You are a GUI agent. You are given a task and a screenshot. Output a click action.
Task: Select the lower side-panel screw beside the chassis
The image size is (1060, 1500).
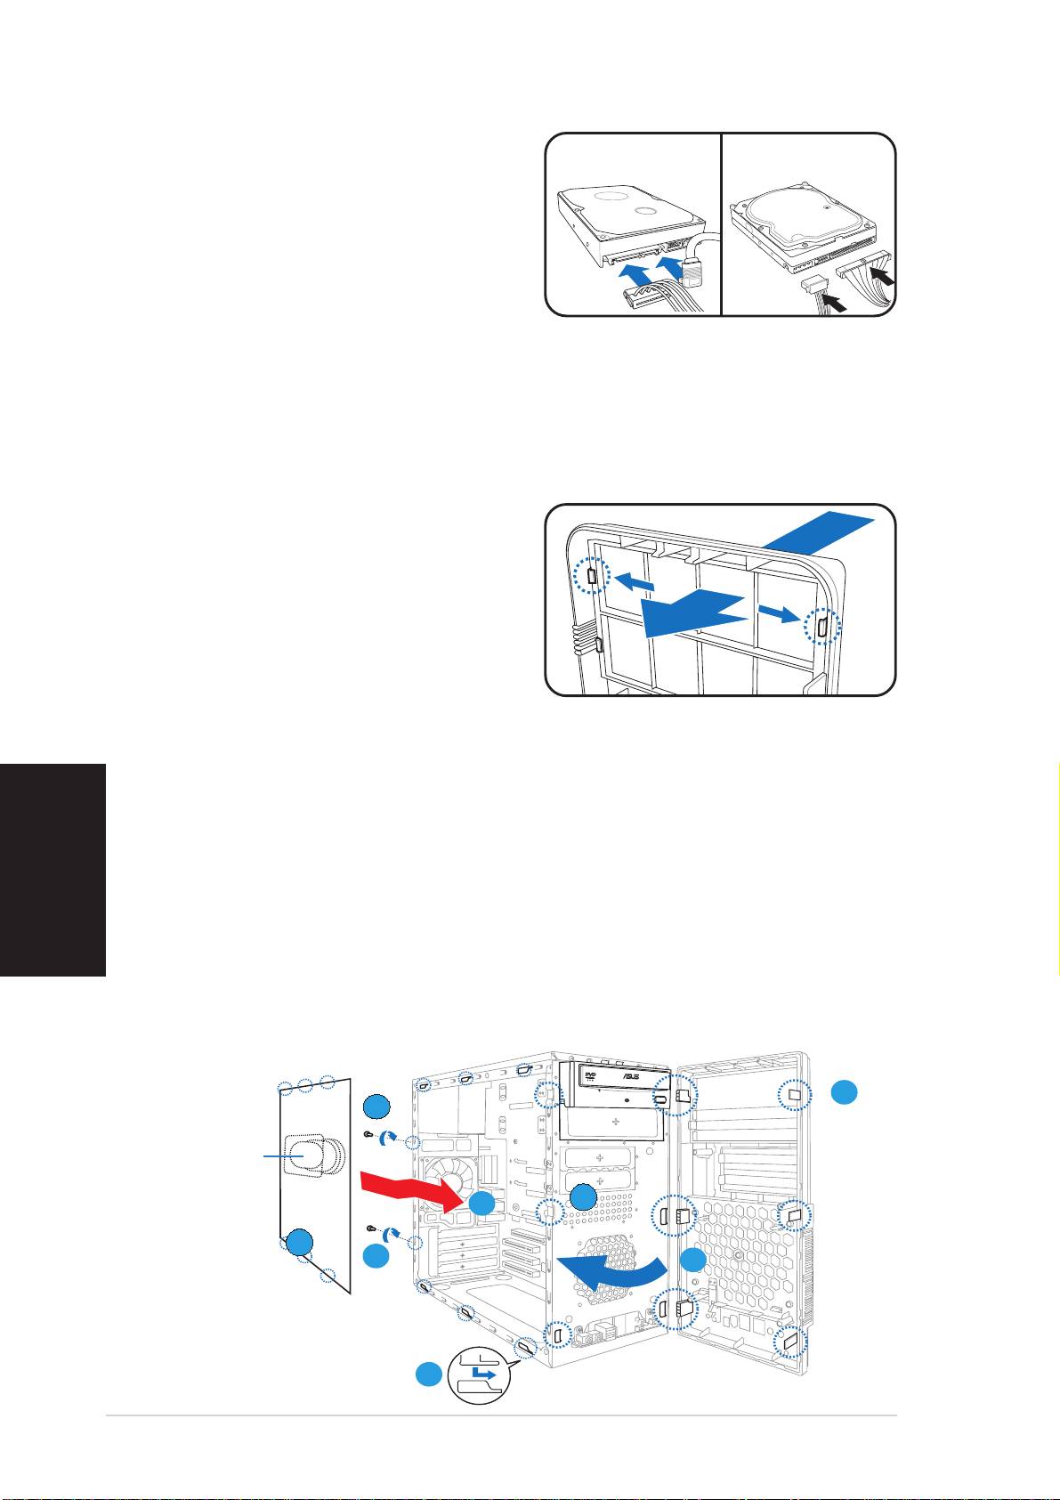click(372, 1228)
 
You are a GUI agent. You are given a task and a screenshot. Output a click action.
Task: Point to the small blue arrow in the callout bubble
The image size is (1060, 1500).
click(483, 1374)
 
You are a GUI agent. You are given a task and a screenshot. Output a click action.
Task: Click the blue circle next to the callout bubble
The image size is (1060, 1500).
click(429, 1374)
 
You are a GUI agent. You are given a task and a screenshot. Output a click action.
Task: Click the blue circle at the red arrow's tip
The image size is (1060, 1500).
click(481, 1204)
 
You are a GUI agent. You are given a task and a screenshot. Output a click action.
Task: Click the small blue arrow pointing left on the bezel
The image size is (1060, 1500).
click(633, 581)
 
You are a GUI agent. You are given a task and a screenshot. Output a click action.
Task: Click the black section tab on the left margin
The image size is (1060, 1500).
click(53, 870)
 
